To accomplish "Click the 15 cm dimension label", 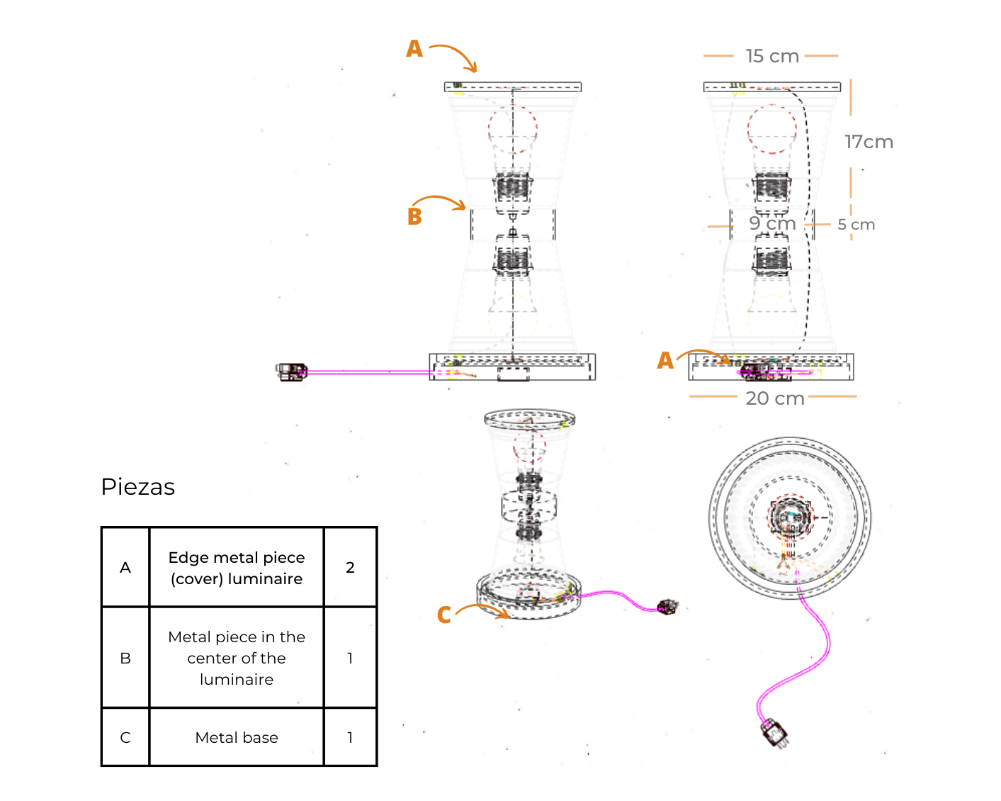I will tap(772, 56).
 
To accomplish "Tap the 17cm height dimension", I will tap(869, 142).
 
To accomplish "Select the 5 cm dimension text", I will tap(856, 225).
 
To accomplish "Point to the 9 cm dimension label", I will tap(772, 223).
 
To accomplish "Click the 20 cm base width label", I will tap(775, 398).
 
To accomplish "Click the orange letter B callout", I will tap(414, 217).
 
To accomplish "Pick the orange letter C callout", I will tap(444, 615).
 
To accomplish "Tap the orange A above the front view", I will tap(414, 49).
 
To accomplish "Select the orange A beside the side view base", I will tap(665, 361).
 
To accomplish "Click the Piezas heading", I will tap(138, 487).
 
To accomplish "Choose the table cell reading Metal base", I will tap(237, 738).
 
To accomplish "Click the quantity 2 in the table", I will tap(350, 567).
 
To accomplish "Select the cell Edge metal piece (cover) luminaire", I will tap(237, 568).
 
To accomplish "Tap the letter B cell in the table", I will tap(125, 658).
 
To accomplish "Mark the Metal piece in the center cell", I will tap(237, 658).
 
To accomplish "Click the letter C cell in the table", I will tap(125, 738).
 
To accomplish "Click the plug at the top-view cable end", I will tap(775, 734).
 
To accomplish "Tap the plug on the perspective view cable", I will tap(667, 607).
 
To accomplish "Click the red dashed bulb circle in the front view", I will tap(512, 130).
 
